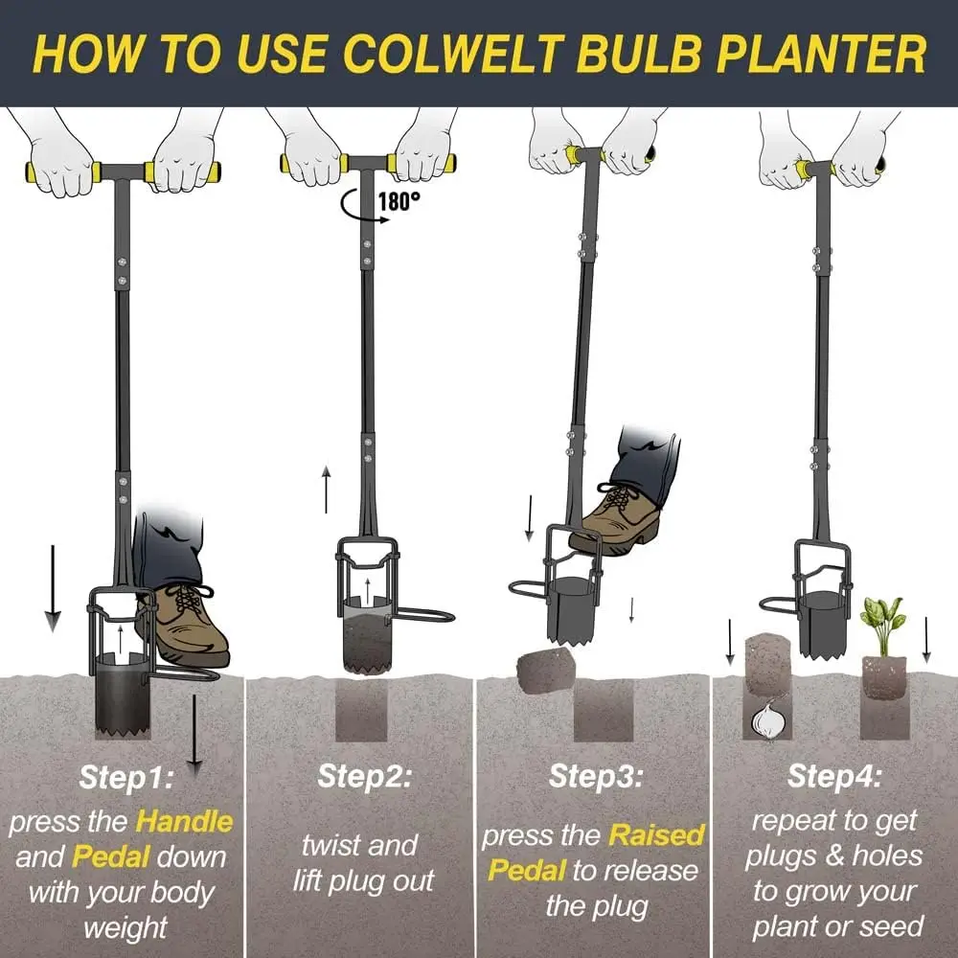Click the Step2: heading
click(x=365, y=776)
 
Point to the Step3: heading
click(x=596, y=776)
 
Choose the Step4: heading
click(x=834, y=776)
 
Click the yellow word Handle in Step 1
click(x=184, y=821)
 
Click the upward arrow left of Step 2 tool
click(x=327, y=489)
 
